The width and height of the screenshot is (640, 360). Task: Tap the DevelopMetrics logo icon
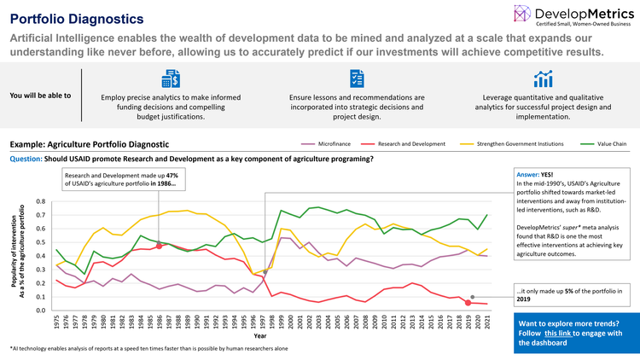pyautogui.click(x=523, y=15)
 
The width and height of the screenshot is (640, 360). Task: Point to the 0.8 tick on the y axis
pyautogui.click(x=41, y=202)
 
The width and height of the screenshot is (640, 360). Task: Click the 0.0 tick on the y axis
pyautogui.click(x=41, y=311)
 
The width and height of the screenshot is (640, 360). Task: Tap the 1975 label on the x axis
pyautogui.click(x=56, y=322)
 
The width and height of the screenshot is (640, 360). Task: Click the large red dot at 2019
pyautogui.click(x=468, y=303)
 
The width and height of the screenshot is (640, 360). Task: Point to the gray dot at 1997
pyautogui.click(x=265, y=273)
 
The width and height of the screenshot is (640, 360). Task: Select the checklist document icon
pyautogui.click(x=356, y=79)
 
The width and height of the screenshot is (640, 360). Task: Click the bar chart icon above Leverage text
pyautogui.click(x=542, y=79)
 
